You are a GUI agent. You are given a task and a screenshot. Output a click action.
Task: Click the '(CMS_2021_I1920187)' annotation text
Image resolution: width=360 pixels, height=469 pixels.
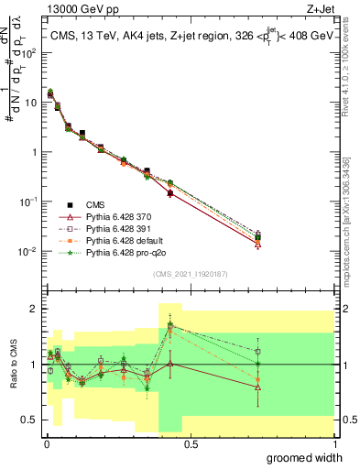pyautogui.click(x=190, y=273)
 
